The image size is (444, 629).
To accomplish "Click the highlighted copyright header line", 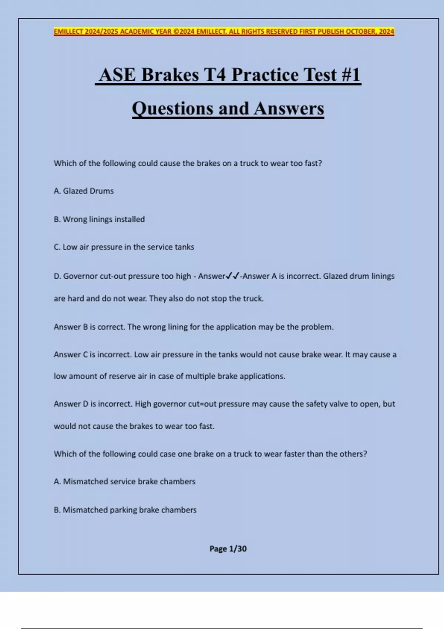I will [x=224, y=31].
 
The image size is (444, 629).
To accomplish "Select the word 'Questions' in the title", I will [x=172, y=108].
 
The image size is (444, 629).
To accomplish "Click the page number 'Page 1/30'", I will [x=228, y=549].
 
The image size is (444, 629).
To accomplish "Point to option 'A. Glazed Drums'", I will [x=84, y=191].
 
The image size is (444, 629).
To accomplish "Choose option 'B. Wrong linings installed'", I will [x=99, y=219].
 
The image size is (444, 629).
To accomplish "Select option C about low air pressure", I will [x=124, y=247].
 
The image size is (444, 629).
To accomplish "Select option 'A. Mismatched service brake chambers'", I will [x=124, y=481].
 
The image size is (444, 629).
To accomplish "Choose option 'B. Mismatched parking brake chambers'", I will [x=125, y=509].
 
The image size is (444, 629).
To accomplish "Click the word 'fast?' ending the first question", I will [x=313, y=163].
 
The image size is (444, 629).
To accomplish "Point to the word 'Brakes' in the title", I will [x=170, y=75].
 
